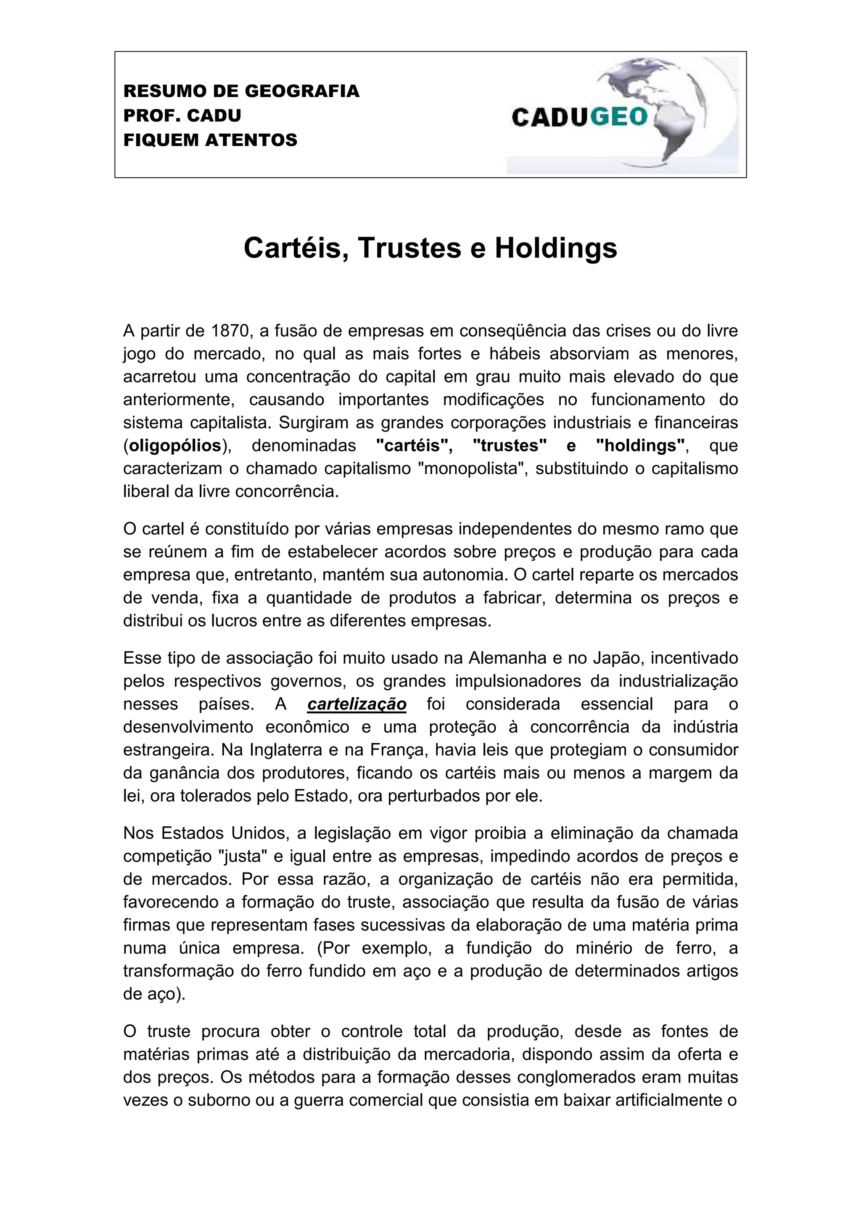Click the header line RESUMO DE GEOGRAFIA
(241, 91)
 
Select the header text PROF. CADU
(182, 116)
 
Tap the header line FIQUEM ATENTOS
(210, 140)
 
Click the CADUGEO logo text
(580, 117)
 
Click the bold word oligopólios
(175, 446)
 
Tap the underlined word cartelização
(357, 704)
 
